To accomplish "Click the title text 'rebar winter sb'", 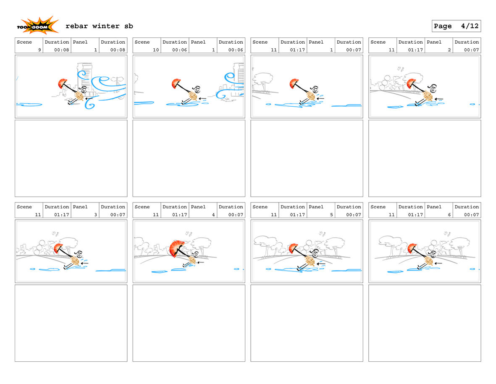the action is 99,26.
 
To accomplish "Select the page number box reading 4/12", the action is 456,26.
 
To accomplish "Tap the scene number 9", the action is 39,50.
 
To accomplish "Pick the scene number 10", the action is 156,50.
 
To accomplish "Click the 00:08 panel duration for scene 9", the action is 118,50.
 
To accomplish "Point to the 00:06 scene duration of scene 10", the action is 179,50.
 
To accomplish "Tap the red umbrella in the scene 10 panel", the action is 176,84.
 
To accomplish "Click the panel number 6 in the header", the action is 449,215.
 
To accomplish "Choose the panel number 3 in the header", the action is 95,215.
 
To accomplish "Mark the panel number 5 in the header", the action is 331,215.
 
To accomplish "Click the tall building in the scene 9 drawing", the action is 84,79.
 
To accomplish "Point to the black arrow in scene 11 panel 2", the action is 439,99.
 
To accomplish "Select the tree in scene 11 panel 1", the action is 262,82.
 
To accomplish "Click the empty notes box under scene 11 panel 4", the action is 189,323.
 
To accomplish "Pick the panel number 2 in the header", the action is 449,50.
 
